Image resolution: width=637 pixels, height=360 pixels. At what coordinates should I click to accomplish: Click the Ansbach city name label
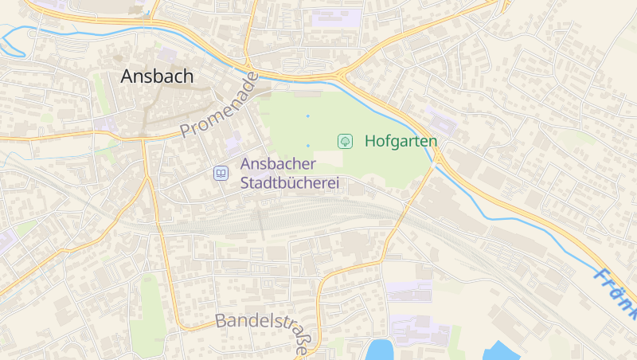(157, 76)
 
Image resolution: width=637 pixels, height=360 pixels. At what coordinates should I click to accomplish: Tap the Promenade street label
(219, 106)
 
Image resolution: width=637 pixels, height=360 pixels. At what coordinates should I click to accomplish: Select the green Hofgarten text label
(401, 141)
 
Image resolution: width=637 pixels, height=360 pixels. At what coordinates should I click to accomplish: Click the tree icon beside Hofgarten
(346, 141)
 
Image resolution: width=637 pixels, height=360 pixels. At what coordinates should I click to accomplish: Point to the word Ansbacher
(279, 165)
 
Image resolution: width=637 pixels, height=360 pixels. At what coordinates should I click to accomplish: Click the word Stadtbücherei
(290, 183)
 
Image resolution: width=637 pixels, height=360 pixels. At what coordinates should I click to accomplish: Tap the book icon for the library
(220, 173)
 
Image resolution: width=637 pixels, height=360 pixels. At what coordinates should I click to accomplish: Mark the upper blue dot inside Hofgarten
(308, 116)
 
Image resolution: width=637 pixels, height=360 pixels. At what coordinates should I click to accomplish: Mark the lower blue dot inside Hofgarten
(308, 146)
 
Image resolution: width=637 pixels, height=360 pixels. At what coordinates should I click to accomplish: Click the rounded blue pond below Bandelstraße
(381, 350)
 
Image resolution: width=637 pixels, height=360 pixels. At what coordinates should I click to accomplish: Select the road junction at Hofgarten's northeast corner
(344, 77)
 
